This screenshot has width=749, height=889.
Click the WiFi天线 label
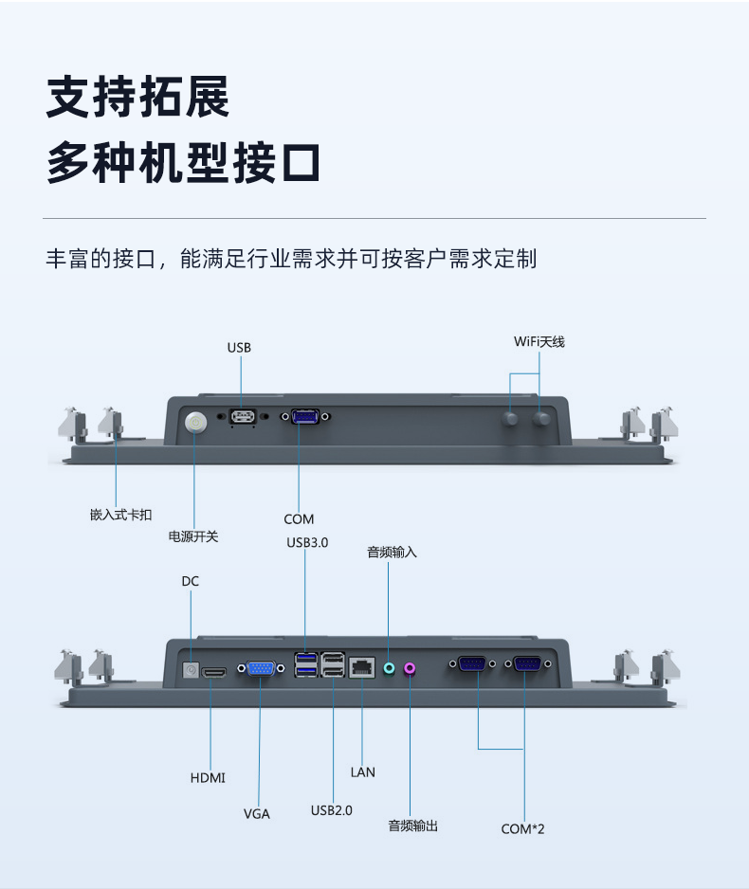[539, 341]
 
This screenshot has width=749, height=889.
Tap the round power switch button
[195, 422]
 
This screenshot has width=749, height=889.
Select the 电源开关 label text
[193, 536]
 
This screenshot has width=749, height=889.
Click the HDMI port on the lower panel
[215, 672]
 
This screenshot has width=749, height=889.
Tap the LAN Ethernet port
[362, 666]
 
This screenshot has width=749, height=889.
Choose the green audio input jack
[388, 667]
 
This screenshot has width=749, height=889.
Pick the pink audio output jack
[410, 667]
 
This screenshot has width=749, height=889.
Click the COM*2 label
[523, 828]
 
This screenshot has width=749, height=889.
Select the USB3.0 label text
[307, 543]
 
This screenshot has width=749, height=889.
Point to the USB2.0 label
[332, 810]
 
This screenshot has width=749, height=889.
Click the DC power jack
[191, 671]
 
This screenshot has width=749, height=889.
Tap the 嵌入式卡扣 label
[120, 515]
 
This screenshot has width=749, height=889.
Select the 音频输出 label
[413, 826]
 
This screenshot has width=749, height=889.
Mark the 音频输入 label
[392, 552]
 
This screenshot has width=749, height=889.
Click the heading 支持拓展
[138, 97]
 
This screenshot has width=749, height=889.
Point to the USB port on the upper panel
[243, 417]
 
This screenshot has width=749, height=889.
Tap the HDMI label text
[208, 778]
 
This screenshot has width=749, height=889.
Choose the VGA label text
[257, 813]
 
